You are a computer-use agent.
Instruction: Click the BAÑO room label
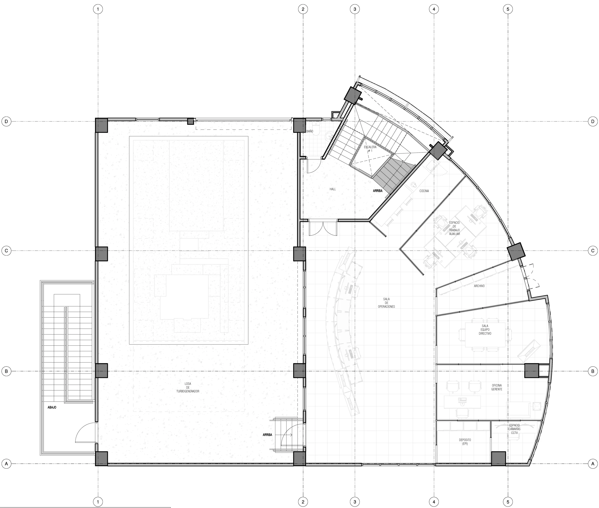pos(310,131)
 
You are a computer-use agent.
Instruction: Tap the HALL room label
pos(333,189)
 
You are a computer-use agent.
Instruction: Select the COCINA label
pos(424,191)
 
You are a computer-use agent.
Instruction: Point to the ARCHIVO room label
pos(479,286)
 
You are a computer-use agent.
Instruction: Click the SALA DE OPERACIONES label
pos(386,303)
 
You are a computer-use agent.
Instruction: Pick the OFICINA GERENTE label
pos(497,387)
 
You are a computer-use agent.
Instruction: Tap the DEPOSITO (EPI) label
pos(465,442)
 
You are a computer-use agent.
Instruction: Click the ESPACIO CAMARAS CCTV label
pos(514,429)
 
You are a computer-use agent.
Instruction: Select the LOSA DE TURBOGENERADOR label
pos(188,387)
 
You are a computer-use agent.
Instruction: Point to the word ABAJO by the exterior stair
pos(52,407)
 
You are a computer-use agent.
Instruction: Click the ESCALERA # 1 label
pos(370,149)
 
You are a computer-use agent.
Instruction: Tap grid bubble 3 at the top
pos(355,9)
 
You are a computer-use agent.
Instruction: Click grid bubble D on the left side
pos(6,122)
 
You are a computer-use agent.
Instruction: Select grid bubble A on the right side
pos(593,464)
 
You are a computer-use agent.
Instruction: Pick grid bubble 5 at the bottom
pos(508,502)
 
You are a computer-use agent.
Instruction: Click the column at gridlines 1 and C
pos(101,254)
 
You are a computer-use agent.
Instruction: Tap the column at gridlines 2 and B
pos(299,371)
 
